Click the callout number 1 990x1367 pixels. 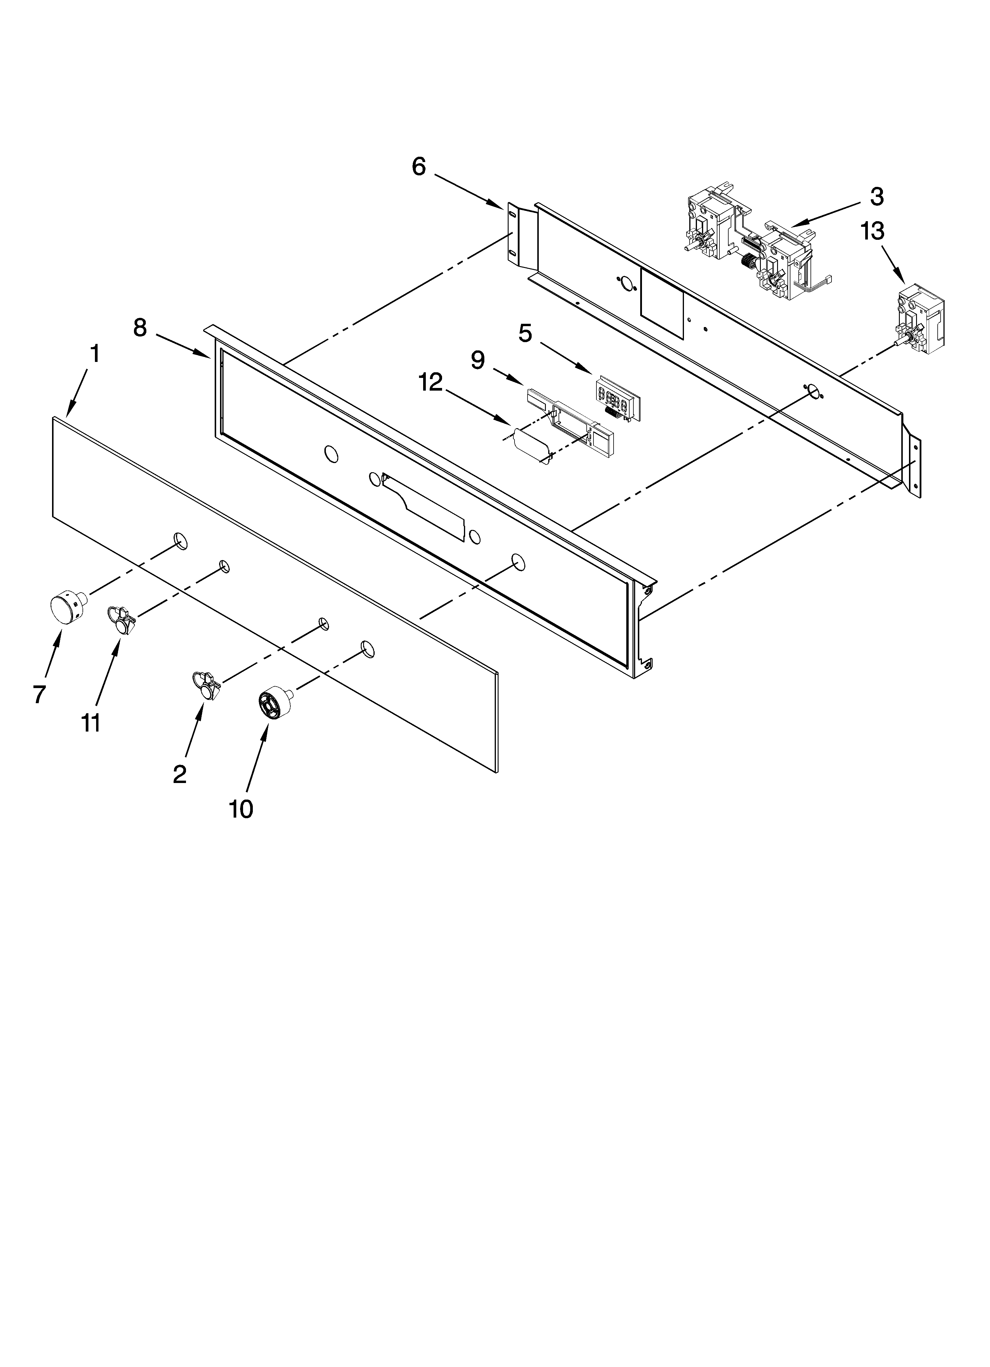coord(95,355)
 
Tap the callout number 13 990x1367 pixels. coord(872,231)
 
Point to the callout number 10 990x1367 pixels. coord(241,810)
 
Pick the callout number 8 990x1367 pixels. coord(140,328)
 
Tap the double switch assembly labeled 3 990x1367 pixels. coord(754,244)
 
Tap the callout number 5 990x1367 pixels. coord(525,333)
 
